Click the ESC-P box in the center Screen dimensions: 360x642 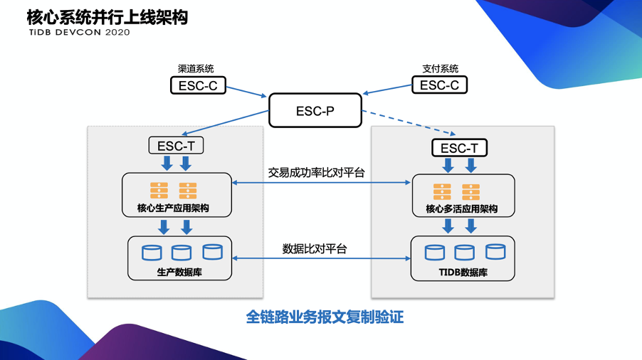(315, 111)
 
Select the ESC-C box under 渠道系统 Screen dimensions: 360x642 (198, 85)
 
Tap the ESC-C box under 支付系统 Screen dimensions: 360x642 (440, 85)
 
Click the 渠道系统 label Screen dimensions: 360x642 (196, 69)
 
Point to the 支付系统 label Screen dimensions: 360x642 (441, 69)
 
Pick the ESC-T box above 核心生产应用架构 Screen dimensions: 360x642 (176, 146)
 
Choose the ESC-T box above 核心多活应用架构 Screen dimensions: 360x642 (460, 148)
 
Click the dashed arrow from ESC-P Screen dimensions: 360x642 (409, 122)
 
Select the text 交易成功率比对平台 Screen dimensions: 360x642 (316, 172)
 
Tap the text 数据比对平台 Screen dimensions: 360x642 (315, 249)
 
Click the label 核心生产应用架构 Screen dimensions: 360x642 (174, 209)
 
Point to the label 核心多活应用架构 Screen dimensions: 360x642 (461, 209)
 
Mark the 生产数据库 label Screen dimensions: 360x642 (179, 272)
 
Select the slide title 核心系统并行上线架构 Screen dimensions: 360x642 (107, 16)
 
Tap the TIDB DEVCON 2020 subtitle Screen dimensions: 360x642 (79, 33)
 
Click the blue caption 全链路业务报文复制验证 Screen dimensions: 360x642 (325, 317)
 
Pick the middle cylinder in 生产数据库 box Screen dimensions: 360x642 (181, 252)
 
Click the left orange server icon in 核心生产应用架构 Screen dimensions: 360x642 (159, 191)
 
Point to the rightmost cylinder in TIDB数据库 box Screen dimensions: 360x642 (495, 251)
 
